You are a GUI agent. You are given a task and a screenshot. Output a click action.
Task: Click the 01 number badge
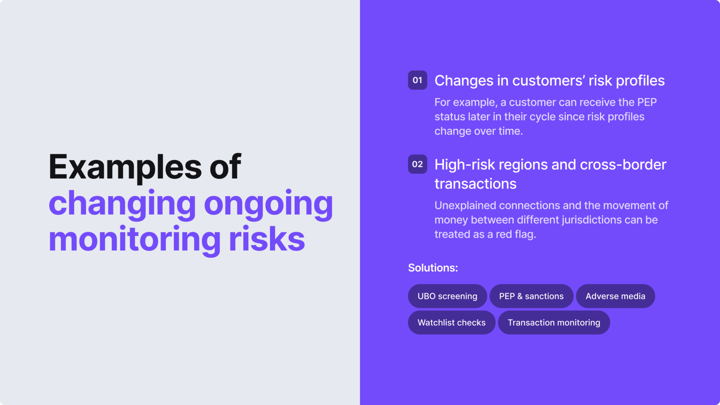coord(417,80)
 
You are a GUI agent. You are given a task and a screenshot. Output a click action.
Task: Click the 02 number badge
coord(417,164)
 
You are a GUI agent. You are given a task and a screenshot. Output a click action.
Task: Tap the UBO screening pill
coord(447,296)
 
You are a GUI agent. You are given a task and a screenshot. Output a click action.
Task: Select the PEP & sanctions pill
coord(531,296)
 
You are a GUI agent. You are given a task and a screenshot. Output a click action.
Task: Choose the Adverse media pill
coord(615,296)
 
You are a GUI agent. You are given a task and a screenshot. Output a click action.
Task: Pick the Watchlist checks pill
coord(451,322)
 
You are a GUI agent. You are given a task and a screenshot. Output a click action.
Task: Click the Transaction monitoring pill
coord(554,322)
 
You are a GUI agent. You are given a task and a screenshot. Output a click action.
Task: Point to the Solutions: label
coord(433,268)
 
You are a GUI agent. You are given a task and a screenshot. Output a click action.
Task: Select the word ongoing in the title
coord(268,204)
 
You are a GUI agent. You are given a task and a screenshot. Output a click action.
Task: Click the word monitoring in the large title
coord(135,240)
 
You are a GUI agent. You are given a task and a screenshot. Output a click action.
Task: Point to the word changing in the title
coord(122,204)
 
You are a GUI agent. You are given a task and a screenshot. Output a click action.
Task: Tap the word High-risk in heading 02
coord(464,165)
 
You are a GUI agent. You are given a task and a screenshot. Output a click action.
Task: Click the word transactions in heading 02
coord(475,184)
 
